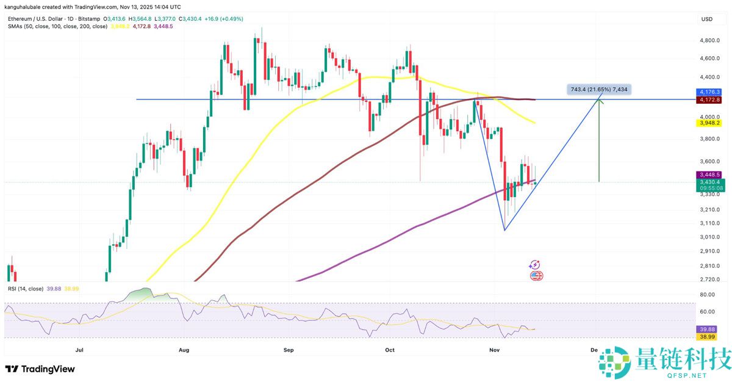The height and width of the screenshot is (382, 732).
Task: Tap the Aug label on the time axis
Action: [x=185, y=350]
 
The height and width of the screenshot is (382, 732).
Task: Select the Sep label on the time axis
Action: [x=289, y=350]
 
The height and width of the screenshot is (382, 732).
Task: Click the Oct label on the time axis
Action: [x=390, y=350]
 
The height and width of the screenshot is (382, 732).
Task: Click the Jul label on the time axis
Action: [x=79, y=350]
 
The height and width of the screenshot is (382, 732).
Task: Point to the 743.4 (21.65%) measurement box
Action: [x=598, y=90]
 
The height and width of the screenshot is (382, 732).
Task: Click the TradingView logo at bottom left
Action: [x=40, y=369]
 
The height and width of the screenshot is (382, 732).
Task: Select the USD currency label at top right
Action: [x=707, y=19]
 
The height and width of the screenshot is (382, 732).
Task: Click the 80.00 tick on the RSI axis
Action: [x=707, y=295]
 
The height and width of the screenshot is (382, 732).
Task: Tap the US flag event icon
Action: [x=536, y=276]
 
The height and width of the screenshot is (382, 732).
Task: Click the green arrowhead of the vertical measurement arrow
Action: [x=600, y=101]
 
